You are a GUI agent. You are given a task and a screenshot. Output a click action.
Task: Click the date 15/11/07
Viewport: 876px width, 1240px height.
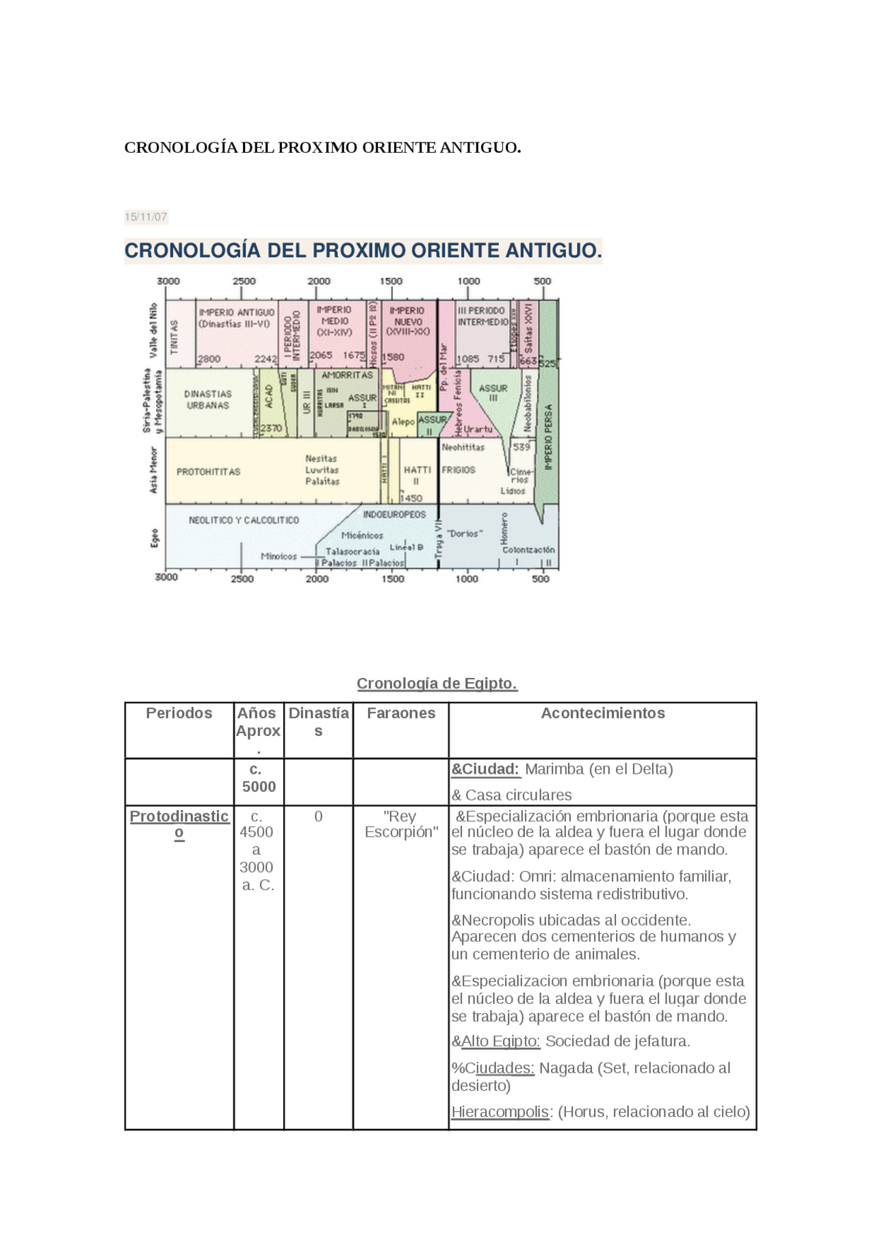[145, 217]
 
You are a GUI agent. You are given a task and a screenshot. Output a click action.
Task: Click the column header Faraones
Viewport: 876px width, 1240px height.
[400, 713]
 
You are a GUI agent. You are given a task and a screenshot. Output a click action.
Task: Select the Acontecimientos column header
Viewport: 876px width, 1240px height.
[602, 713]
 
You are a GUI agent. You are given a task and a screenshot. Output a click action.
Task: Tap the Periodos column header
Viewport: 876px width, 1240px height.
[179, 713]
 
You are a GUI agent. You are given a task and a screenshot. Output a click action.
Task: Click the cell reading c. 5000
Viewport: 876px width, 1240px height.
[258, 778]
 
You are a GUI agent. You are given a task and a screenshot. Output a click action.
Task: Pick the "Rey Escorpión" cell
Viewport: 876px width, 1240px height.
[400, 824]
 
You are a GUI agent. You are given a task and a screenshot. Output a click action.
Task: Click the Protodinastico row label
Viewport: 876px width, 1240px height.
[179, 824]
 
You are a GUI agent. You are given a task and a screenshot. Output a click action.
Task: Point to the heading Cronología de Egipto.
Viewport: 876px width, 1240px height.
[437, 683]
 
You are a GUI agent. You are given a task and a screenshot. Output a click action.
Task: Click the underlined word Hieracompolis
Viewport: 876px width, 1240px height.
[500, 1111]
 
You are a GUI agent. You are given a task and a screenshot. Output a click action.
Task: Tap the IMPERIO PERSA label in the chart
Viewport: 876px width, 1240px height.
[547, 437]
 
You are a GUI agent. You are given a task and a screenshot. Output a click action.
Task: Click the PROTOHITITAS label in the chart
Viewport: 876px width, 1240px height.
[208, 472]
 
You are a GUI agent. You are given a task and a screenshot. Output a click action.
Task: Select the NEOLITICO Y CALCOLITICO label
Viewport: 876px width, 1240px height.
[244, 520]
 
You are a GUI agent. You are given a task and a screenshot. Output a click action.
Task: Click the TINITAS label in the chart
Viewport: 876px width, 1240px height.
[174, 336]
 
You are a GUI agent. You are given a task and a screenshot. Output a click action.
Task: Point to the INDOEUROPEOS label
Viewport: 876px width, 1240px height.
[394, 514]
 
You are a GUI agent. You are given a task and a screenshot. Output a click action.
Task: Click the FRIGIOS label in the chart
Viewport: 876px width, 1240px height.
[458, 470]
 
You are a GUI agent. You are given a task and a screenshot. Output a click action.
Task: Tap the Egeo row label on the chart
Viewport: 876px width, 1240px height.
[154, 538]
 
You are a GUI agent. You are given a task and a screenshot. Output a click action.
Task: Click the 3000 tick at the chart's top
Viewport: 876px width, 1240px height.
[168, 281]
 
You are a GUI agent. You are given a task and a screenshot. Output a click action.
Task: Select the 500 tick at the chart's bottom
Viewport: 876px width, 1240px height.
[541, 579]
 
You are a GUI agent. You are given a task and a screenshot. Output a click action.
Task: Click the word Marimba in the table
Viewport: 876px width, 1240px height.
[552, 769]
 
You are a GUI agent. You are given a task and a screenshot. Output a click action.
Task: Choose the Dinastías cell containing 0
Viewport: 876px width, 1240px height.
[318, 816]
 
